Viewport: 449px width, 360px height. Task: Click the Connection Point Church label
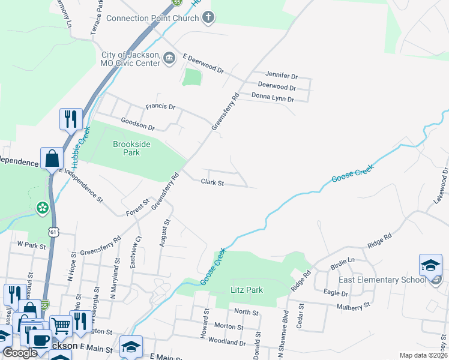pyautogui.click(x=152, y=18)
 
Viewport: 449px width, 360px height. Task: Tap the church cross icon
pyautogui.click(x=208, y=17)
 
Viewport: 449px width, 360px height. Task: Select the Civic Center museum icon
pyautogui.click(x=169, y=58)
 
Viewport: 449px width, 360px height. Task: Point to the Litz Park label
pyautogui.click(x=247, y=290)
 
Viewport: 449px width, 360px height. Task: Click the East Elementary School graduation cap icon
pyautogui.click(x=430, y=265)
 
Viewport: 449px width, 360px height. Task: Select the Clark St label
pyautogui.click(x=212, y=182)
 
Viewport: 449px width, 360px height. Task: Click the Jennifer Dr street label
pyautogui.click(x=282, y=76)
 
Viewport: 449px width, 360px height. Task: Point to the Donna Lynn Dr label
pyautogui.click(x=273, y=98)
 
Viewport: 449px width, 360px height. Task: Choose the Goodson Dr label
pyautogui.click(x=137, y=128)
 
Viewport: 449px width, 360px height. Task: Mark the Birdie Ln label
pyautogui.click(x=343, y=260)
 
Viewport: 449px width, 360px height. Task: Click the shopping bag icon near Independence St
pyautogui.click(x=52, y=159)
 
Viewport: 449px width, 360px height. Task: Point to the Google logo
pyautogui.click(x=20, y=353)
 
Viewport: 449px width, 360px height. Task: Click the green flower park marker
pyautogui.click(x=42, y=208)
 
